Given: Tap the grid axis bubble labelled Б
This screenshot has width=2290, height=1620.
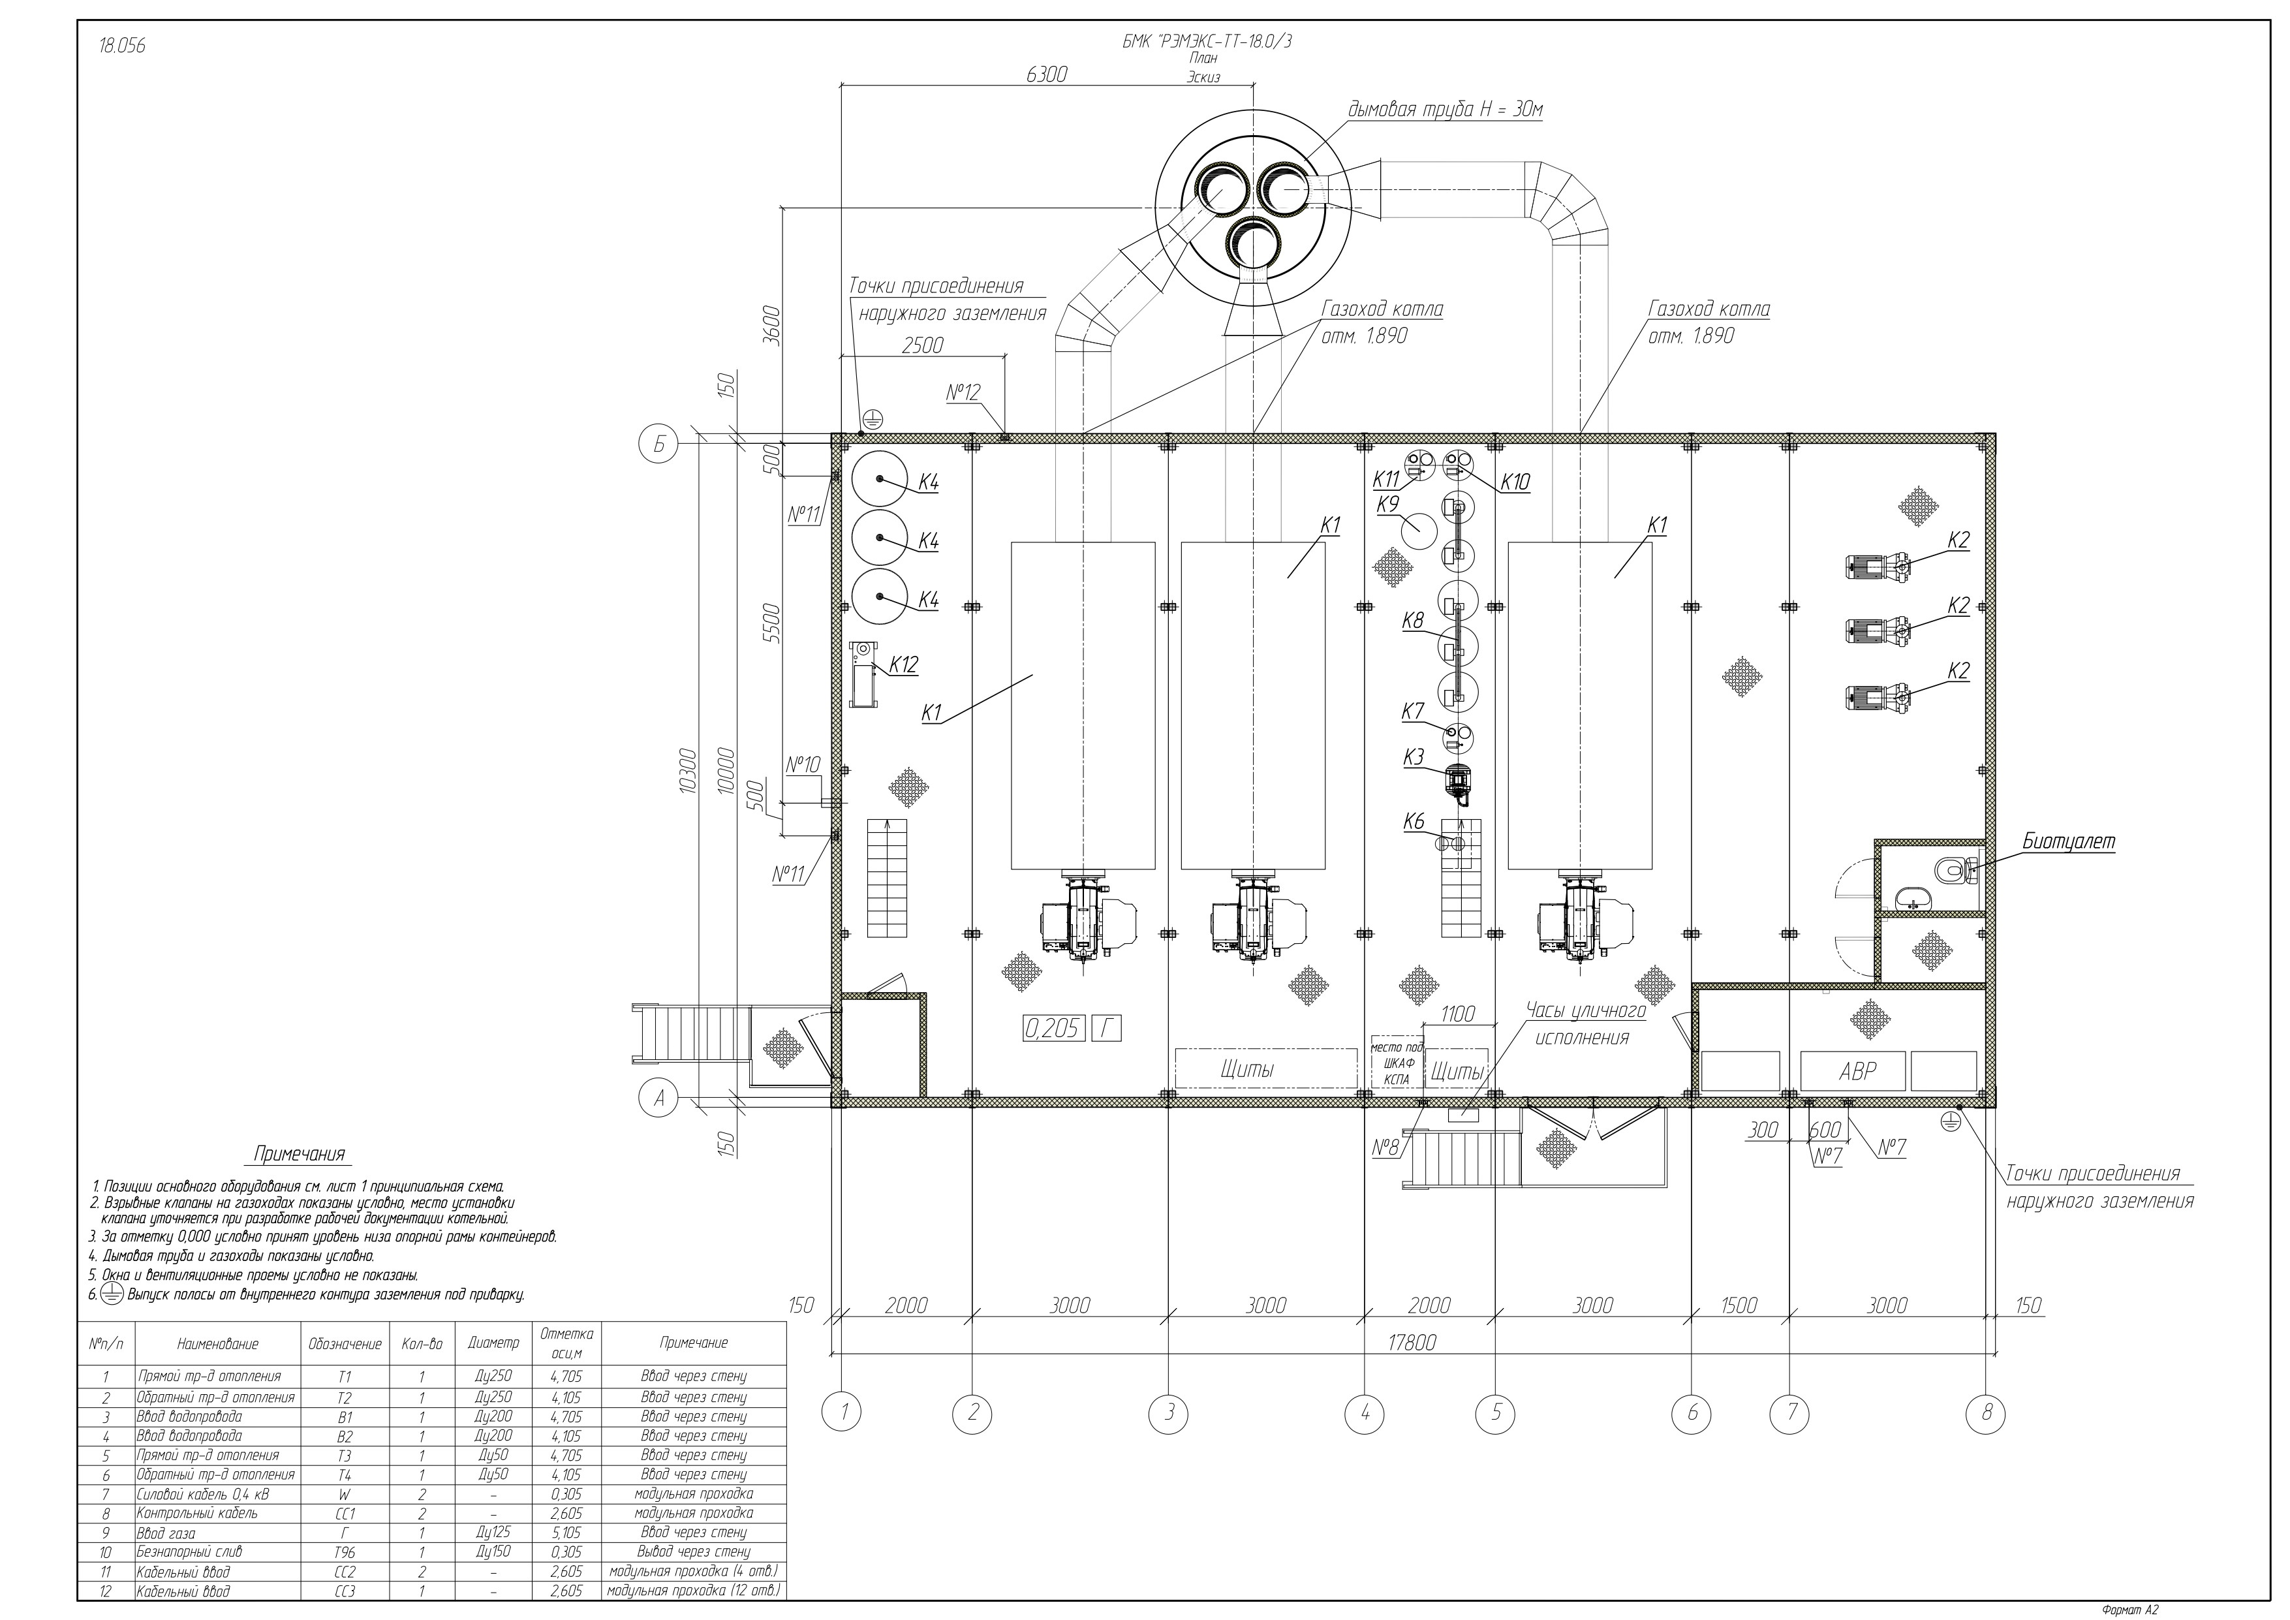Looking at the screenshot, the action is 658,445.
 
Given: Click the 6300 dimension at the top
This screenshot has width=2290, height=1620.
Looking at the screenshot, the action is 1046,75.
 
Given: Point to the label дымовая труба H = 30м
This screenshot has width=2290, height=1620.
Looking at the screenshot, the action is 1446,110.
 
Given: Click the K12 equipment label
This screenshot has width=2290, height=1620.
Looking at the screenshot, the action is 904,665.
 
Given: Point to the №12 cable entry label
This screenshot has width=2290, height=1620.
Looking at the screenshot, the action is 963,393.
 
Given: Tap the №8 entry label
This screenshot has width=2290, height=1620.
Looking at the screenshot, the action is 1385,1148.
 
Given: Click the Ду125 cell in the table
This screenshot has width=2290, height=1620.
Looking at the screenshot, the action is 495,1533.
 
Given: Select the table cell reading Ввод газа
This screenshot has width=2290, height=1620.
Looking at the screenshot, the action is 166,1533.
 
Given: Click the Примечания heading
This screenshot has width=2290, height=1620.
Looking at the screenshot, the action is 299,1154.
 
